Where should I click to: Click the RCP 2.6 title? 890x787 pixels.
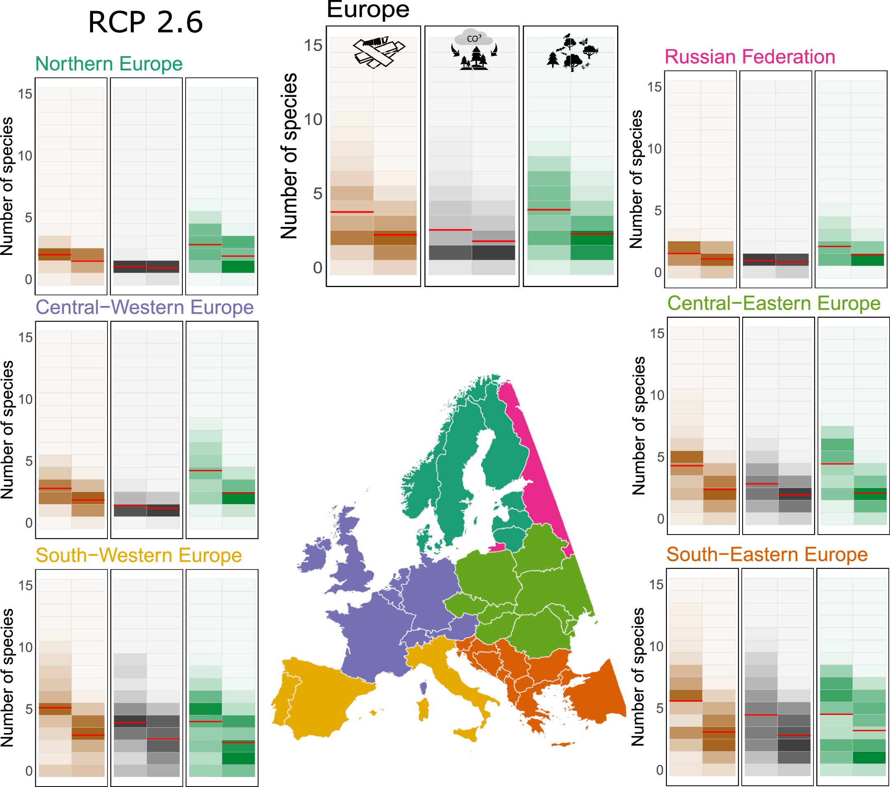(145, 23)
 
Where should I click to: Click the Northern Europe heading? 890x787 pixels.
(108, 64)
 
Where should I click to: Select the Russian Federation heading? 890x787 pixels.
(749, 57)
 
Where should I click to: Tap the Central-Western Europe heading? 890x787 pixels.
(144, 308)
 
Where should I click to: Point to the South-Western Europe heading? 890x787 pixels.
(138, 555)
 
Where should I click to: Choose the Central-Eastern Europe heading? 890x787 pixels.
(774, 304)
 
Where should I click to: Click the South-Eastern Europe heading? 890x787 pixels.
(767, 554)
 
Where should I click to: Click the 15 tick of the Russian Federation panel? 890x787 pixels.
(654, 87)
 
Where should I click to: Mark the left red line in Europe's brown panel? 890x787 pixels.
(352, 212)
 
